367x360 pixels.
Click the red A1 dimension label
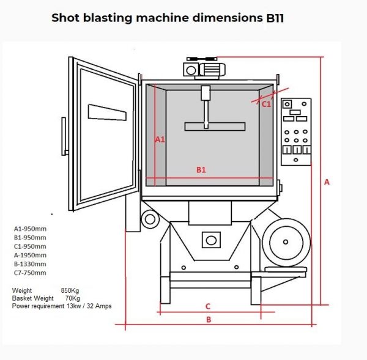tap(160, 139)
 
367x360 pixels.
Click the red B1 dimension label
tap(201, 170)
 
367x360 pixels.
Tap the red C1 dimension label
tap(266, 105)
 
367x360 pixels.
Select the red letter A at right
tap(327, 182)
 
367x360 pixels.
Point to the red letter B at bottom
tap(208, 319)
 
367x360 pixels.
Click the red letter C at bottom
tap(207, 306)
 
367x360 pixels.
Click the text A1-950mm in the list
tap(30, 229)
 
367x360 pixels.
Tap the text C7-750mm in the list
tap(30, 273)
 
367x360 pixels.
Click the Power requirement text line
tap(62, 306)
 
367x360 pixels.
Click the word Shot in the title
tap(64, 17)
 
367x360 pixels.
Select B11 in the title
tap(275, 18)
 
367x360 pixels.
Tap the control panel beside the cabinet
tap(296, 131)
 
